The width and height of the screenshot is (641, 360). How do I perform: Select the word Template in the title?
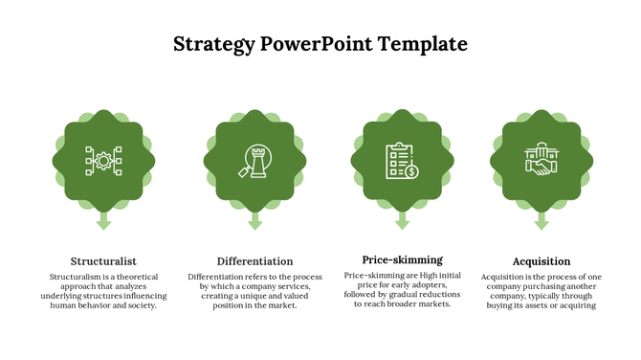(422, 44)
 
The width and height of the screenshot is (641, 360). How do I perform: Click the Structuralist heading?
(103, 260)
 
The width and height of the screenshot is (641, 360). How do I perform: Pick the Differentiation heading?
(254, 260)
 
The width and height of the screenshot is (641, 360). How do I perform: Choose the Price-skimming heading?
(402, 259)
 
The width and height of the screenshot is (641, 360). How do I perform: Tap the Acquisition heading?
(542, 260)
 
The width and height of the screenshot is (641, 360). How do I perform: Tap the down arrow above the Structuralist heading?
(103, 221)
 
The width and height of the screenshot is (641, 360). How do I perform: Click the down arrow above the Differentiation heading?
(254, 221)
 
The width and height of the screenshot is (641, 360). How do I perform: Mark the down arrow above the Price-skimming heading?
(402, 221)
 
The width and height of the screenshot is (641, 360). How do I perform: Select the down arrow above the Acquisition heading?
(542, 221)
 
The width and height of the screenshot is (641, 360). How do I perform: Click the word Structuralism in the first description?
(77, 277)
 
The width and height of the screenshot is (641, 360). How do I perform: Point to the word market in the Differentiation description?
(281, 306)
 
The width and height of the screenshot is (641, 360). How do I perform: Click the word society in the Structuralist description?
(141, 306)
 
